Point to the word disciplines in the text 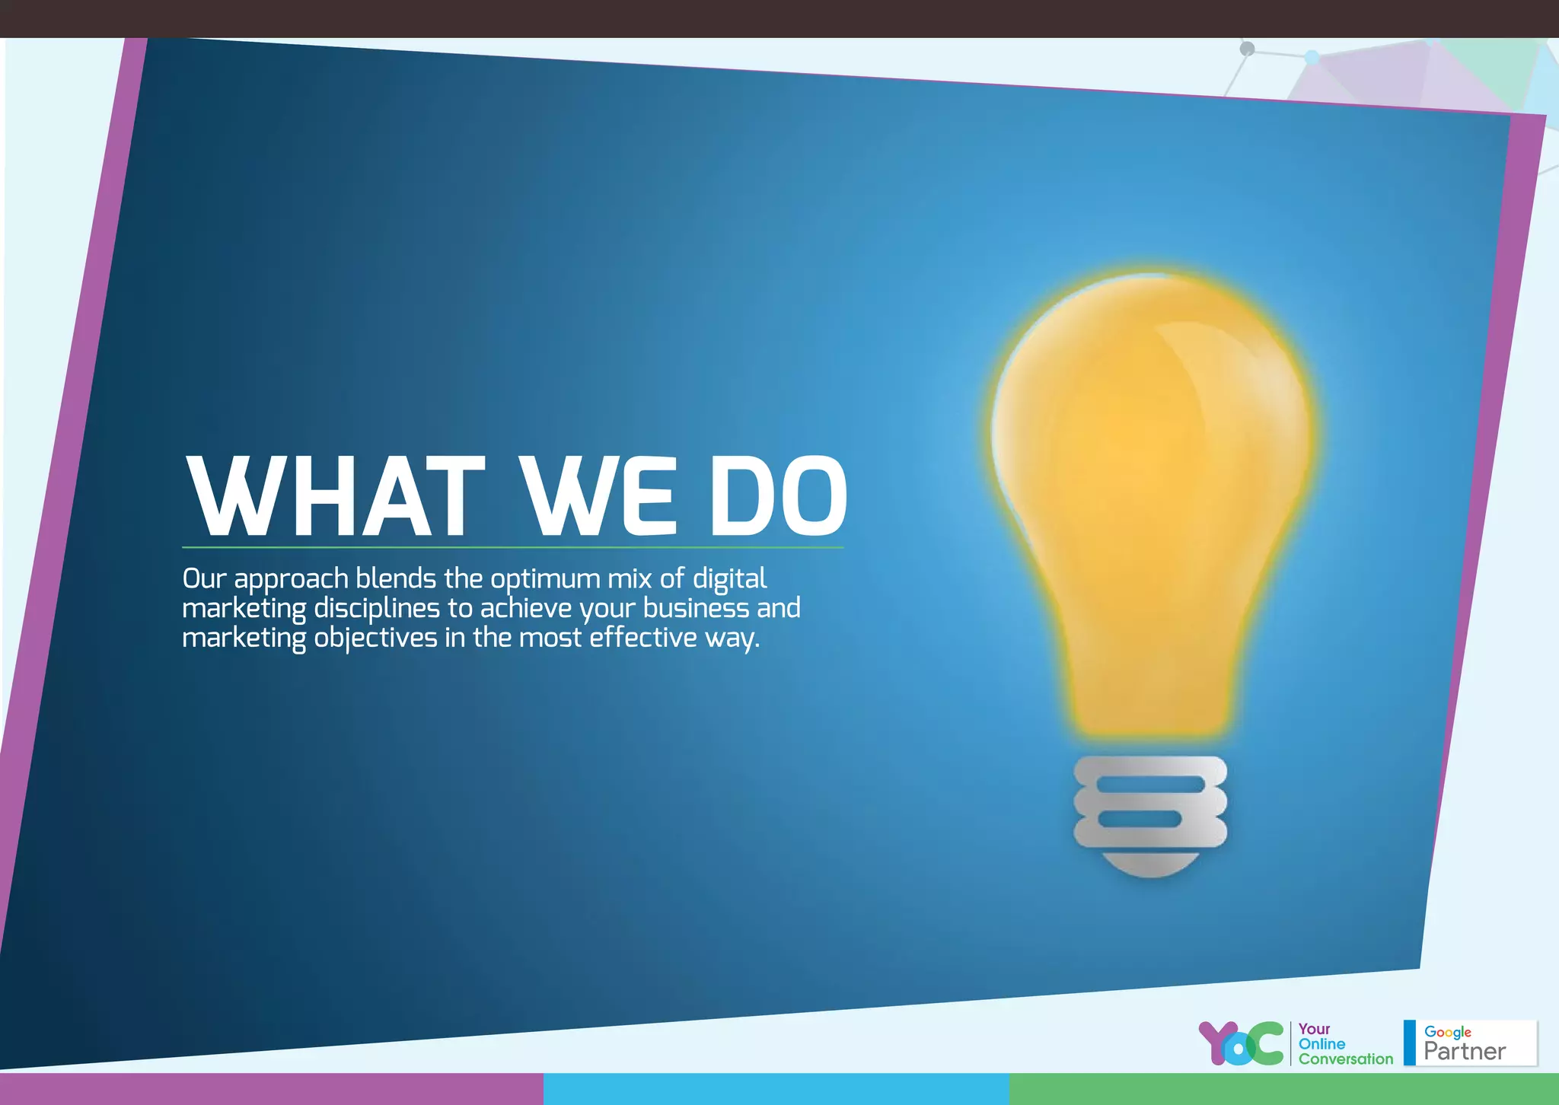click(377, 609)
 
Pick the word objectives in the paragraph click(375, 638)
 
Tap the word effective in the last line click(642, 638)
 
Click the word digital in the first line click(728, 580)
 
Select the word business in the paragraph click(696, 609)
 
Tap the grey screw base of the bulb click(1149, 802)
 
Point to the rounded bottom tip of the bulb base click(1149, 866)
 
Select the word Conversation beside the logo click(1345, 1059)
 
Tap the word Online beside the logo click(1321, 1044)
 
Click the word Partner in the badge click(1464, 1052)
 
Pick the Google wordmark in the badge click(1447, 1032)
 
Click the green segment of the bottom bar click(1283, 1089)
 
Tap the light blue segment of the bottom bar click(776, 1089)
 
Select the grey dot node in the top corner click(1247, 49)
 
